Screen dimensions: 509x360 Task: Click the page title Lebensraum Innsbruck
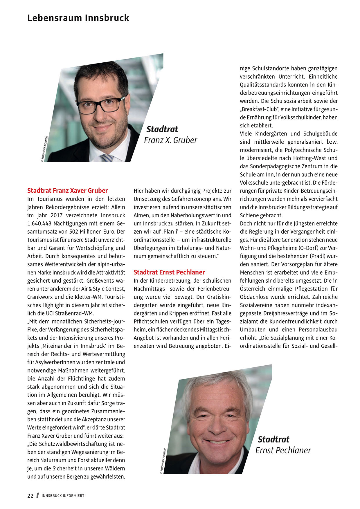(78, 18)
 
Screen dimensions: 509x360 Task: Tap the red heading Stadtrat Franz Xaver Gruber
(67, 191)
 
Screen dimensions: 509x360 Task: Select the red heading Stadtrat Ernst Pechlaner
(169, 272)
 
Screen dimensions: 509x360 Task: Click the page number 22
(30, 496)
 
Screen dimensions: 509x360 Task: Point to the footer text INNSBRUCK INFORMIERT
(63, 496)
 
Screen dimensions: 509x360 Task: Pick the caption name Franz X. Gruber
(170, 140)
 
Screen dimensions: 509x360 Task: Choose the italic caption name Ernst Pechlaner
(283, 450)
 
